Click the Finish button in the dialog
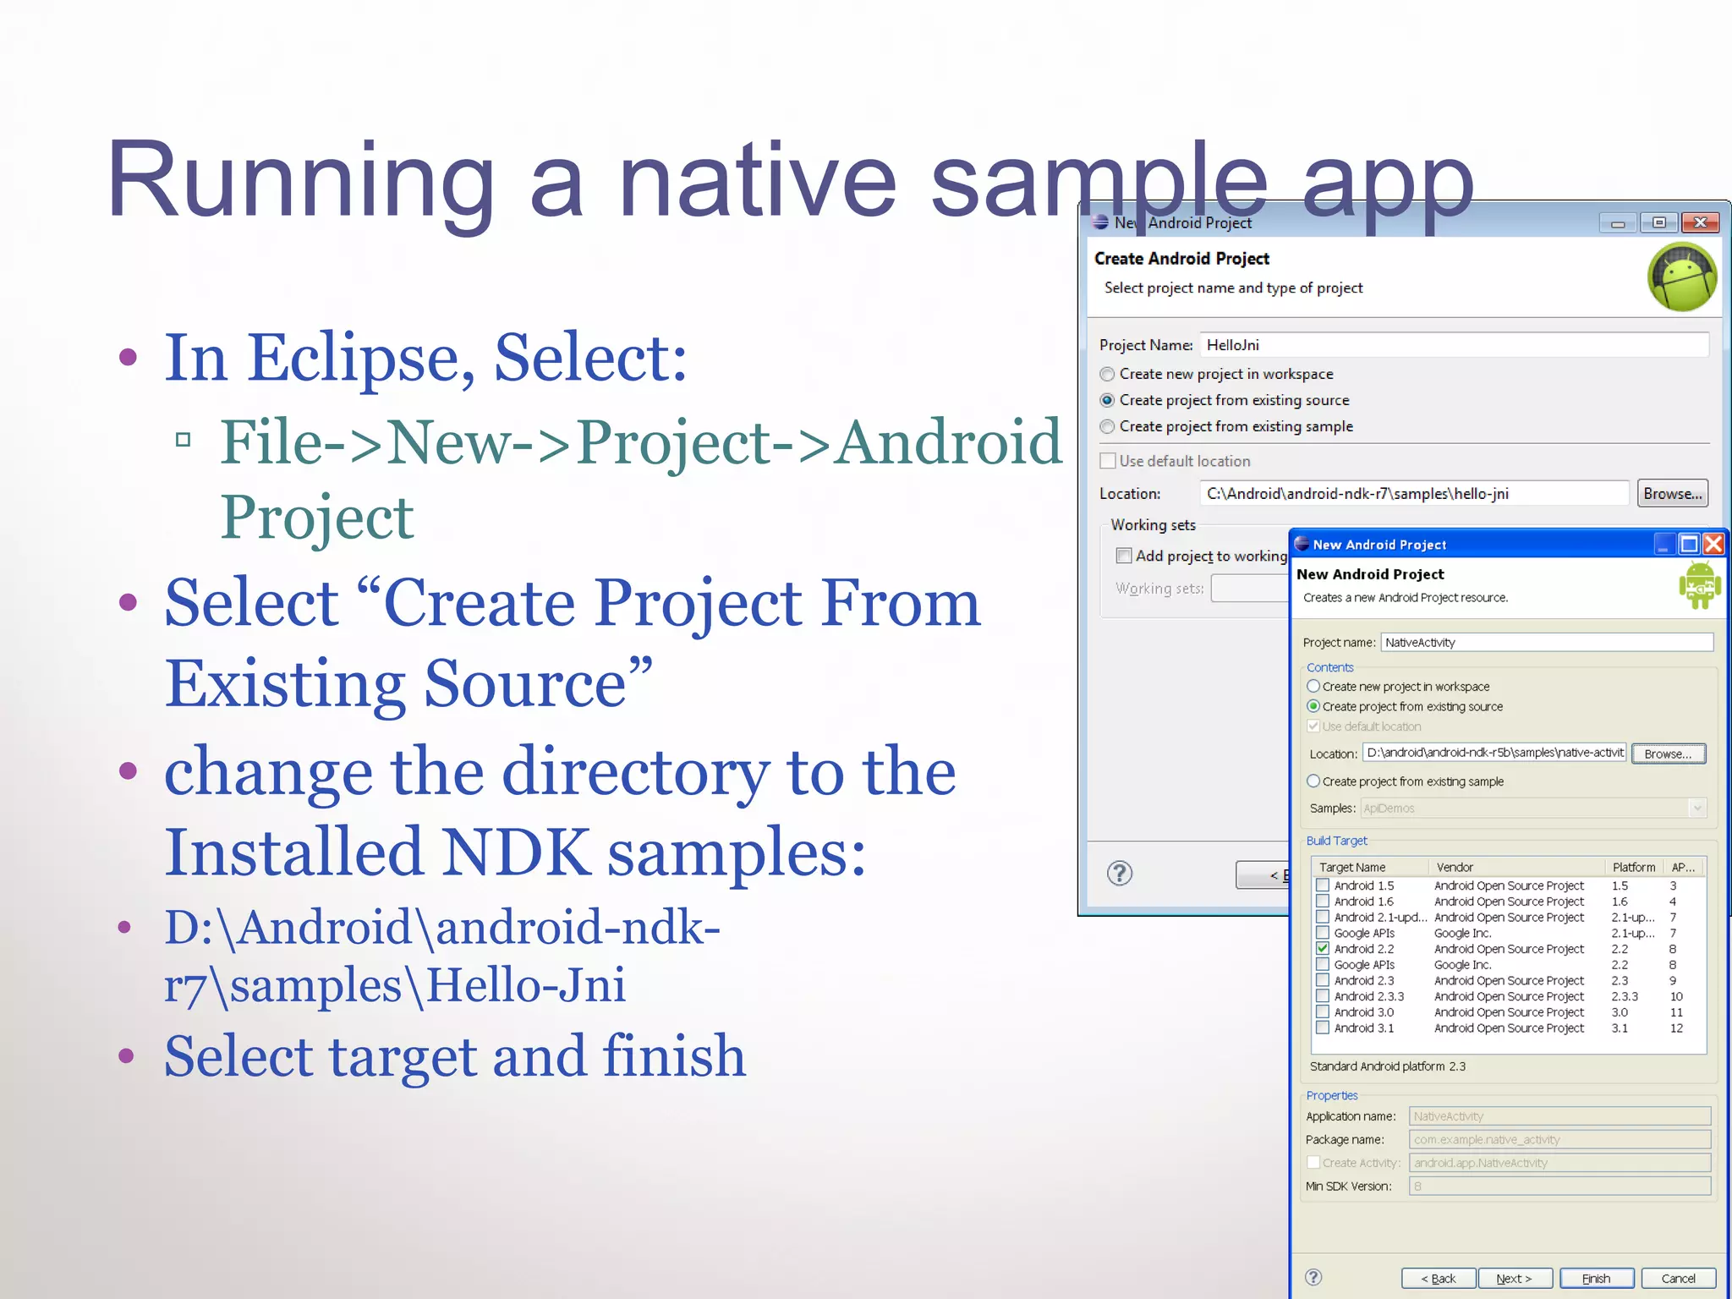[x=1596, y=1278]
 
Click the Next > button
[x=1514, y=1278]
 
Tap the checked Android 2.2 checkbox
[x=1323, y=949]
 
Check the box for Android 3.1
[x=1323, y=1028]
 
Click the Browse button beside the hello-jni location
[x=1672, y=494]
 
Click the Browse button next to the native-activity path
[x=1668, y=754]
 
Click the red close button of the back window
[x=1700, y=222]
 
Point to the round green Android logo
[x=1682, y=277]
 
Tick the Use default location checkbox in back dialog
[x=1108, y=461]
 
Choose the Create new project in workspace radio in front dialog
[x=1313, y=687]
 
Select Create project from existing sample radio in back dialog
[x=1107, y=426]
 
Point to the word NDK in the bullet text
[x=516, y=852]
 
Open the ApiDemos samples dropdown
[x=1696, y=808]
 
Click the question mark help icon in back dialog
[x=1120, y=873]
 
